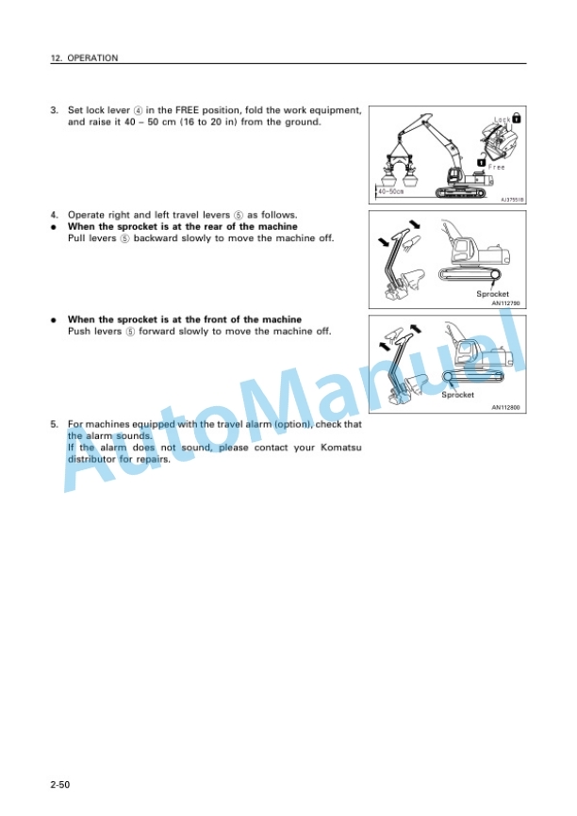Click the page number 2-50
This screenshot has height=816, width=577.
(60, 784)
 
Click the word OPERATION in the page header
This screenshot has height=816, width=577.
(92, 57)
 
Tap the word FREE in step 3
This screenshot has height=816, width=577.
(187, 110)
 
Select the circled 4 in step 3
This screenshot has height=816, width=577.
(138, 110)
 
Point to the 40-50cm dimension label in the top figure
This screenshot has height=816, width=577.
(390, 191)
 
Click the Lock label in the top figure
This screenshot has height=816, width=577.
(502, 120)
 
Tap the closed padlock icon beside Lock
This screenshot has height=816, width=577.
(517, 118)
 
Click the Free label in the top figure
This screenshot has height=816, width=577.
(496, 167)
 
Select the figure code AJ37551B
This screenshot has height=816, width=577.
(512, 200)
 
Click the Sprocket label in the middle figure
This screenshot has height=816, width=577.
(493, 294)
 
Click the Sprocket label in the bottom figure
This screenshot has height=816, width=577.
(458, 395)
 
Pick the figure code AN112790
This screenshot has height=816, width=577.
(505, 302)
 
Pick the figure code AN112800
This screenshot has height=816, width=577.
(505, 407)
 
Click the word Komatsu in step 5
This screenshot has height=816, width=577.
(341, 448)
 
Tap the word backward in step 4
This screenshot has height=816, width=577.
(156, 238)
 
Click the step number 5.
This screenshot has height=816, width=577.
(54, 424)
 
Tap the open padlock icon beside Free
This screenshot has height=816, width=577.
(482, 162)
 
